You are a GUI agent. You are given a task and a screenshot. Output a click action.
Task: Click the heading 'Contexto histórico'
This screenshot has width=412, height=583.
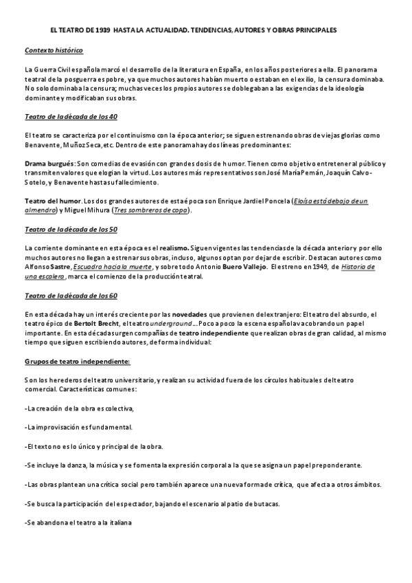point(54,51)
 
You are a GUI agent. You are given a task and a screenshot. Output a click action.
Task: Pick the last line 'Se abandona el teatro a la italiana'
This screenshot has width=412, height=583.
point(77,522)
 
